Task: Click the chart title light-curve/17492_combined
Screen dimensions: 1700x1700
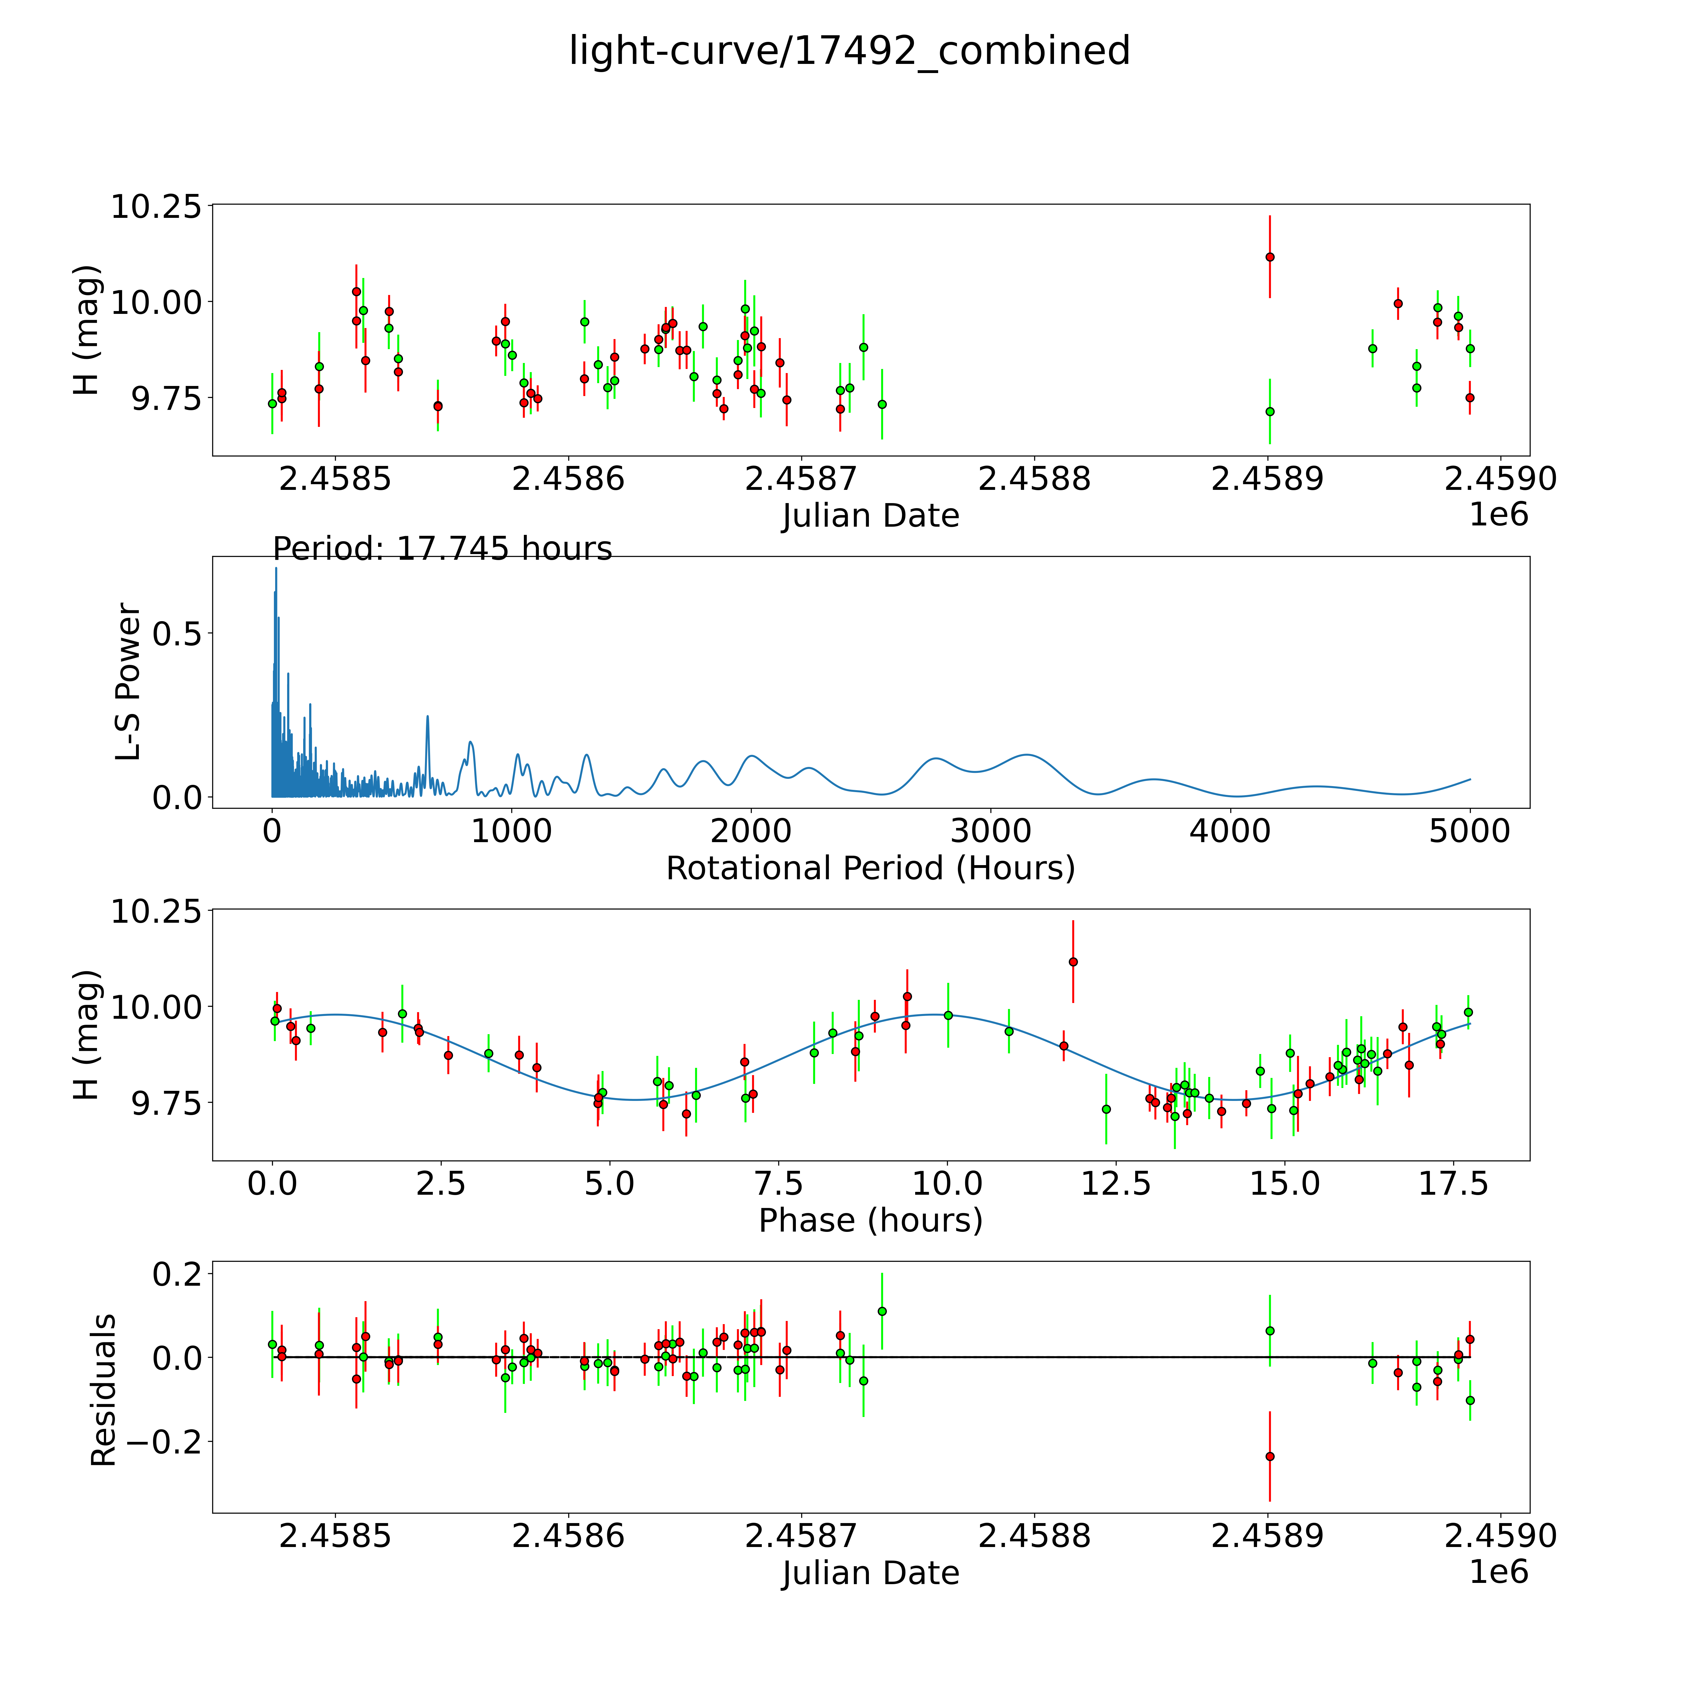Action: coord(849,51)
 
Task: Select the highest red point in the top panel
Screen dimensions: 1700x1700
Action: coord(1270,257)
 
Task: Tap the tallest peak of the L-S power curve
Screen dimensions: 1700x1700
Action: coord(275,569)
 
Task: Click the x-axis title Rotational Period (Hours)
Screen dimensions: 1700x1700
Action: coord(870,869)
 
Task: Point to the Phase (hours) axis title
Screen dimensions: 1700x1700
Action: coord(870,1221)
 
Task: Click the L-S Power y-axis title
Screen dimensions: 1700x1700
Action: coord(128,682)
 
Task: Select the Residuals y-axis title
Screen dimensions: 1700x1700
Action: coord(104,1390)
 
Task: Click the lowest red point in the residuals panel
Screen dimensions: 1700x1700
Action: coord(1270,1456)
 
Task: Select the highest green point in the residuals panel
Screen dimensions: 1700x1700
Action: coord(882,1311)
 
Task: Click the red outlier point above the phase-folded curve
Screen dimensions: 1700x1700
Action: coord(1073,962)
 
